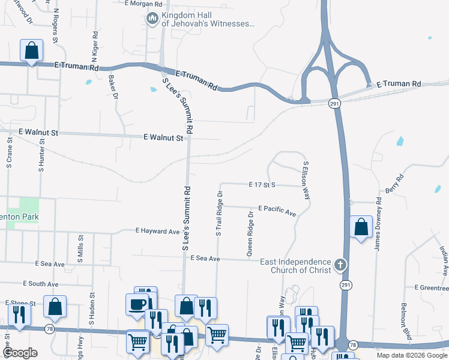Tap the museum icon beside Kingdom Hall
click(x=152, y=19)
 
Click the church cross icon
click(x=340, y=264)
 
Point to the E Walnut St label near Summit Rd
click(x=163, y=138)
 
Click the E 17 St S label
click(x=262, y=185)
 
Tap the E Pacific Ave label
click(x=277, y=210)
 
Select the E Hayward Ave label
click(x=158, y=231)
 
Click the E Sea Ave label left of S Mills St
click(x=50, y=264)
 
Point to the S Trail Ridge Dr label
click(x=219, y=214)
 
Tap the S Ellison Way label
click(x=306, y=180)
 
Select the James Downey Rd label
click(x=378, y=225)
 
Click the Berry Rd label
click(x=400, y=181)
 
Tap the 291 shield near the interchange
click(x=335, y=104)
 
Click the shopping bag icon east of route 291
click(x=360, y=227)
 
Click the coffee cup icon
click(x=136, y=304)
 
